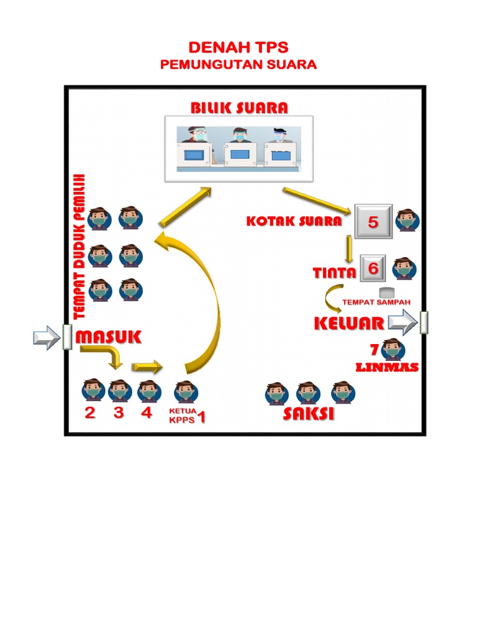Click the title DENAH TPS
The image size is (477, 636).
tap(238, 48)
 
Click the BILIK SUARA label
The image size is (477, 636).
tap(239, 108)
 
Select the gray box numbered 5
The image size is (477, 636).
tap(373, 222)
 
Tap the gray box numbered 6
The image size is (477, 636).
tap(373, 268)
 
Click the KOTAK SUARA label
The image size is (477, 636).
tap(294, 220)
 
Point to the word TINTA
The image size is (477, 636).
tap(334, 273)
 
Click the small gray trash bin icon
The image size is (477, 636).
tap(387, 293)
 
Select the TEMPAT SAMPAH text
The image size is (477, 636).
tap(376, 302)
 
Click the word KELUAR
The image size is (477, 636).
tap(348, 323)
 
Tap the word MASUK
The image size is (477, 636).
tap(109, 337)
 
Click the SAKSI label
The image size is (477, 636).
tap(308, 414)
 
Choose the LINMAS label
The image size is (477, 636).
tap(387, 367)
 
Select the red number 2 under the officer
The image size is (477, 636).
tap(90, 413)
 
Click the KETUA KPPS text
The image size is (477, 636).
tap(182, 415)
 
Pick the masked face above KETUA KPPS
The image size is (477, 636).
tap(185, 391)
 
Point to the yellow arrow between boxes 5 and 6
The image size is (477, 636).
tap(349, 249)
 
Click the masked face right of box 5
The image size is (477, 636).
tap(407, 220)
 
